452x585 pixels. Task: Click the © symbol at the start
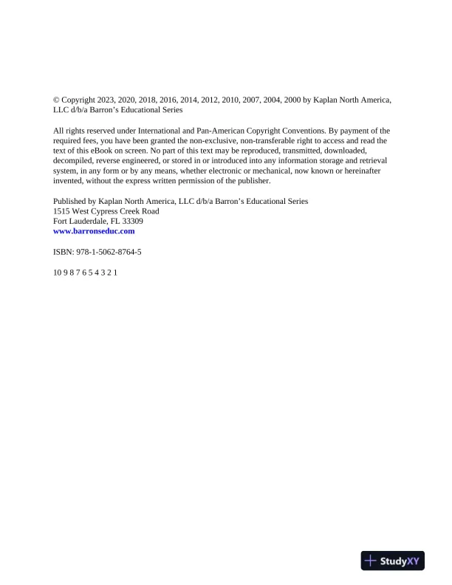[x=57, y=100]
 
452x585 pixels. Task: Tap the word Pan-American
[x=222, y=131]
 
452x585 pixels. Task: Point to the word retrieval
[x=373, y=160]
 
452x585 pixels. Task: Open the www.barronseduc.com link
[x=94, y=231]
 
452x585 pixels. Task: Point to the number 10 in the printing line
[x=58, y=273]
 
